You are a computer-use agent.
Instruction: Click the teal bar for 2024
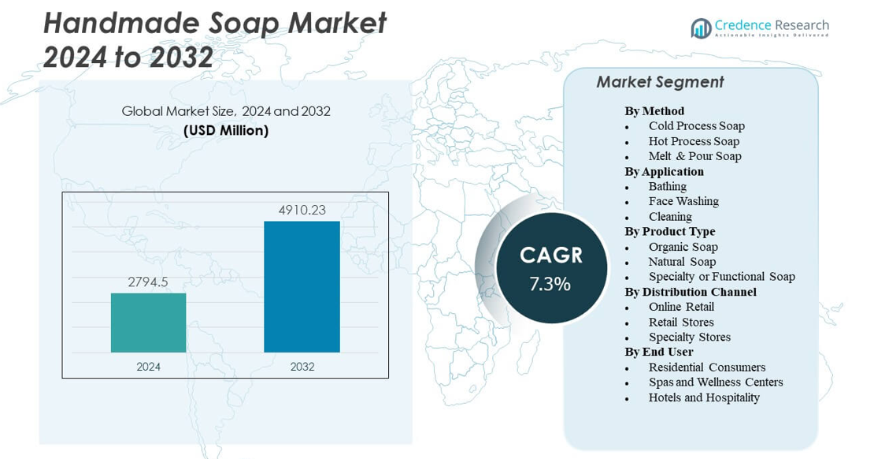point(148,323)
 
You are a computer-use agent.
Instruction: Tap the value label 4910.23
point(302,211)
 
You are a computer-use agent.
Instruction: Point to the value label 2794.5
point(148,282)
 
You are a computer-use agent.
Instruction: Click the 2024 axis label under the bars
point(148,367)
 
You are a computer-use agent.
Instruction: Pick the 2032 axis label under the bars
point(302,367)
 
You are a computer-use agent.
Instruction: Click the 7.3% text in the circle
point(550,284)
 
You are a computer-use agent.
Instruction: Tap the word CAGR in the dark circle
point(551,255)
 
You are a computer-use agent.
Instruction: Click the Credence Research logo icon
point(701,28)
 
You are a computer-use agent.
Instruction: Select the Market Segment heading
point(660,82)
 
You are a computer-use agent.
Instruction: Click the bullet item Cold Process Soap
point(696,125)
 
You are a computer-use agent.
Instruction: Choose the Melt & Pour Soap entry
point(694,156)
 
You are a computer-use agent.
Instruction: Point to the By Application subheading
point(664,171)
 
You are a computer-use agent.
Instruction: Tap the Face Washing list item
point(683,201)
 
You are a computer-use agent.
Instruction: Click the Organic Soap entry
point(683,247)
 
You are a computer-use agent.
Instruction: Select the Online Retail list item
point(681,307)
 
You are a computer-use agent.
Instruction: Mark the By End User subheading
point(658,352)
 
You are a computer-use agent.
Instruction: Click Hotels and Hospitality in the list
point(704,397)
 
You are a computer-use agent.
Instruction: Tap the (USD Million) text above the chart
point(226,130)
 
